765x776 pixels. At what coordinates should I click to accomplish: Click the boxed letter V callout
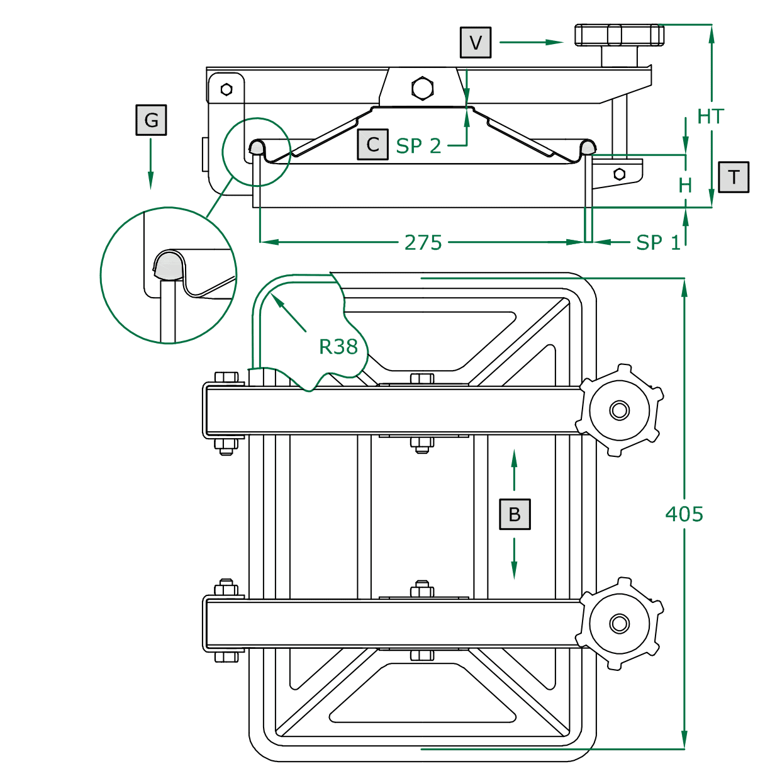pos(475,42)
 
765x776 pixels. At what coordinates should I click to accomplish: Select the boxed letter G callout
pos(151,120)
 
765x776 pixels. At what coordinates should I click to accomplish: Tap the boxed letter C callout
pos(372,144)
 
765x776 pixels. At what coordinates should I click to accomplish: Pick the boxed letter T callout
pos(734,177)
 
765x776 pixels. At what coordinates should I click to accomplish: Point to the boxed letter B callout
pos(515,514)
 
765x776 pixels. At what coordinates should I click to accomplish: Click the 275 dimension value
pos(423,242)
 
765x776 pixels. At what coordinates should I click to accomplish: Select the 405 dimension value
pos(684,514)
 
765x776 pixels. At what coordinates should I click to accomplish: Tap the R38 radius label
pos(338,346)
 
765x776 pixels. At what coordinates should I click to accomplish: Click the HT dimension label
pos(710,116)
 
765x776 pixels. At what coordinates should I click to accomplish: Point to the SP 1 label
pos(658,242)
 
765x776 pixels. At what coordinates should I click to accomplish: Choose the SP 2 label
pos(418,146)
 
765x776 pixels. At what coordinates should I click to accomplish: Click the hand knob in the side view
pos(619,35)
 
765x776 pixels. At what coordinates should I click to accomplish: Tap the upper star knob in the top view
pos(620,410)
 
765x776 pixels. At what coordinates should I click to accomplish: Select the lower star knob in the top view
pos(620,624)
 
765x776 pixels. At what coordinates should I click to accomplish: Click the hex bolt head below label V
pos(422,88)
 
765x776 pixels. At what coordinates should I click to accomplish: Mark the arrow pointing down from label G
pos(150,164)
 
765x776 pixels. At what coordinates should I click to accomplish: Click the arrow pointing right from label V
pos(532,42)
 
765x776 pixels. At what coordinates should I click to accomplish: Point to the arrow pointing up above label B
pos(515,469)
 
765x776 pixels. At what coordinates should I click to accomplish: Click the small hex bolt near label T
pos(619,174)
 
